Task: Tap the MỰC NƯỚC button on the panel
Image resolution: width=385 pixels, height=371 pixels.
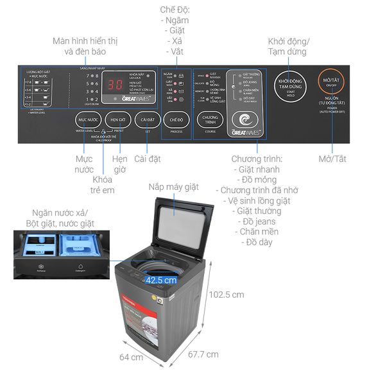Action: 87,120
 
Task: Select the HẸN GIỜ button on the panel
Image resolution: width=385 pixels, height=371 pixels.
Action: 116,120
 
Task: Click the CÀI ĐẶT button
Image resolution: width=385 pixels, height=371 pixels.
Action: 147,120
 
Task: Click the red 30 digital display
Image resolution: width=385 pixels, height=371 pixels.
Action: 116,85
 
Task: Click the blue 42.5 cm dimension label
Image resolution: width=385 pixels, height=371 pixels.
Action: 160,280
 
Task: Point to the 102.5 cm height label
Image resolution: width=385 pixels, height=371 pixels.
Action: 227,295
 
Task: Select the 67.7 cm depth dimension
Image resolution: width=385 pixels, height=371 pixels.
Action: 203,354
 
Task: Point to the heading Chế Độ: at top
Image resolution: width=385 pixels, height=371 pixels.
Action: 175,9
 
